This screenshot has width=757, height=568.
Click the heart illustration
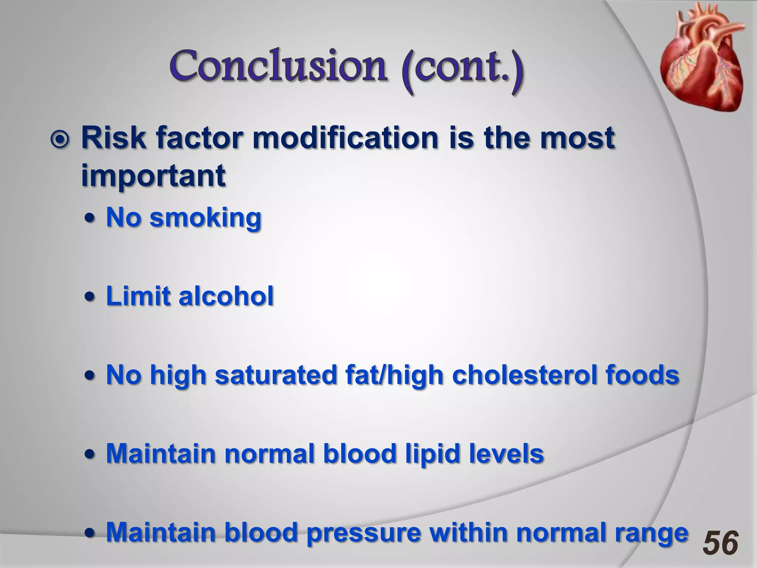tap(699, 57)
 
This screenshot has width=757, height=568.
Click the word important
tap(153, 176)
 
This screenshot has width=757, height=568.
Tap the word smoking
tap(206, 218)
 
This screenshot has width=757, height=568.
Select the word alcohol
tap(226, 296)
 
